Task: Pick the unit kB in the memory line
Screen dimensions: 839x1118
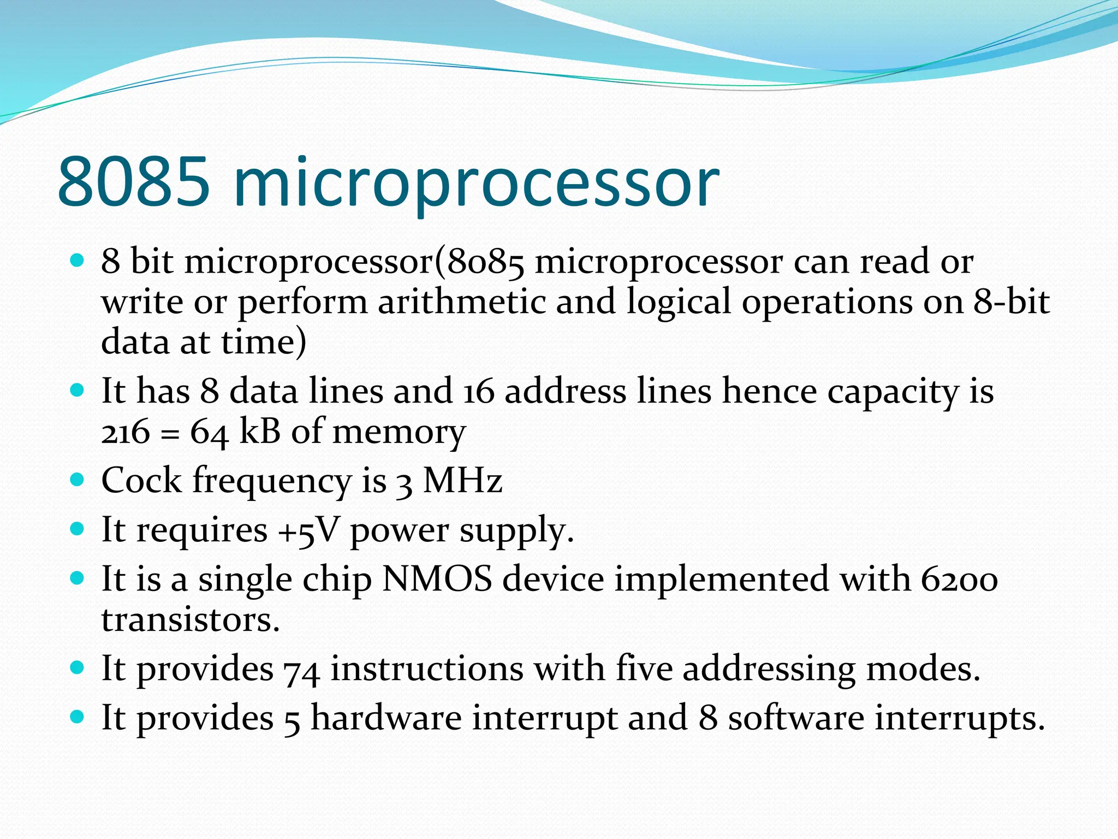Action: click(260, 432)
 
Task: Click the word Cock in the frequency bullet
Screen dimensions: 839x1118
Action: click(141, 481)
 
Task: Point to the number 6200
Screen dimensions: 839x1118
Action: click(960, 580)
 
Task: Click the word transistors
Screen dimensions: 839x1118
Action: click(191, 620)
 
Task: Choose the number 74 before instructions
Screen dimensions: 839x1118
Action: click(301, 670)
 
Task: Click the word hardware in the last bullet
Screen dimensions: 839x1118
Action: click(386, 718)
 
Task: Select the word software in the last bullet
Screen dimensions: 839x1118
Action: click(796, 718)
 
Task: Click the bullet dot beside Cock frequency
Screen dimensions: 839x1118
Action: click(78, 480)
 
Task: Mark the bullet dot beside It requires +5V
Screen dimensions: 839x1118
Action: click(78, 529)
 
